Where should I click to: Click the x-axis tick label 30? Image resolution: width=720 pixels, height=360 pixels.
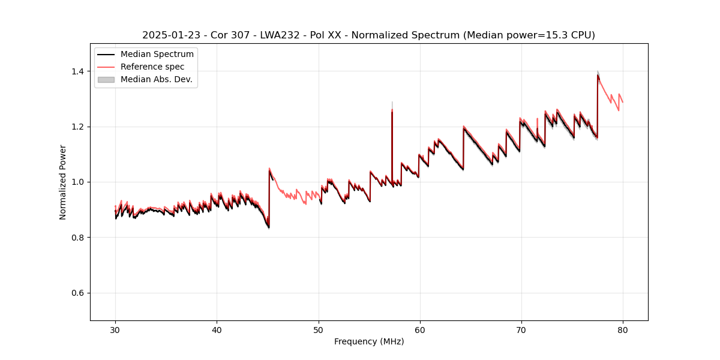(x=115, y=330)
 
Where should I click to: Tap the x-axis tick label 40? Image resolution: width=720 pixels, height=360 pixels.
(x=217, y=330)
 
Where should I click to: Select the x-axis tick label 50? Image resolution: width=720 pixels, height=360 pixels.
(x=318, y=330)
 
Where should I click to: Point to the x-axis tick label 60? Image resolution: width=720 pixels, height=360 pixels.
(x=420, y=330)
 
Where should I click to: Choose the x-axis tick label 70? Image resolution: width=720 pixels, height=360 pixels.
(x=521, y=330)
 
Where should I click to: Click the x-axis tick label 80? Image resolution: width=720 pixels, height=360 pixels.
(x=623, y=330)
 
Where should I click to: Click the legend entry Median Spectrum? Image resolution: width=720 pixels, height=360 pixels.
(x=157, y=55)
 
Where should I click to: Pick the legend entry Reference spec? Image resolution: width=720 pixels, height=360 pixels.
(x=152, y=67)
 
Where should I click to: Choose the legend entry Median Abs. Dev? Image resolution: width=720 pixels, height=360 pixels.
(x=156, y=79)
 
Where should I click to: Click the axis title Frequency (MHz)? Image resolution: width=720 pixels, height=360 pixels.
(x=369, y=341)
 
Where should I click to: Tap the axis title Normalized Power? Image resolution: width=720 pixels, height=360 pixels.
(x=63, y=182)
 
